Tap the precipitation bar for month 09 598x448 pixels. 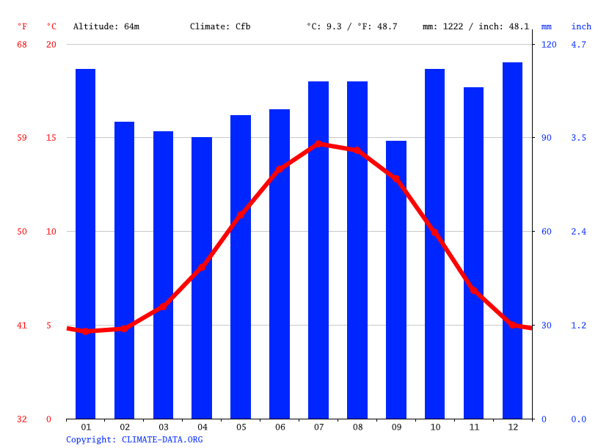(x=396, y=279)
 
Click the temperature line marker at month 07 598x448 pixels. (x=318, y=144)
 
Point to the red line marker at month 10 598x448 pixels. (x=434, y=232)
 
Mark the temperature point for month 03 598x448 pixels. (x=163, y=306)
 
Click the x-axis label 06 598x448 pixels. (x=280, y=427)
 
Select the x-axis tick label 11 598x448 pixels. (x=473, y=427)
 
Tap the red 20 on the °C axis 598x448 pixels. (x=51, y=44)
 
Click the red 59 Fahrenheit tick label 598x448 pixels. (x=22, y=138)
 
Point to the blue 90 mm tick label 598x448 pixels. (x=549, y=138)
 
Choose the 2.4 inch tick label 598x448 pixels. (x=579, y=232)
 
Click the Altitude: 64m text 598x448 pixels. (x=106, y=26)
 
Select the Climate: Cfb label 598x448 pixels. (x=220, y=26)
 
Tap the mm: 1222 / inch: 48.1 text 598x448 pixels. (x=475, y=26)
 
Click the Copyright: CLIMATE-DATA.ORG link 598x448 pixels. (x=134, y=439)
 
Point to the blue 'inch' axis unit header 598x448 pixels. (x=581, y=26)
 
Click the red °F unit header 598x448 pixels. (x=22, y=26)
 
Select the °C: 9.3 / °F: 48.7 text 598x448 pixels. (x=351, y=26)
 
